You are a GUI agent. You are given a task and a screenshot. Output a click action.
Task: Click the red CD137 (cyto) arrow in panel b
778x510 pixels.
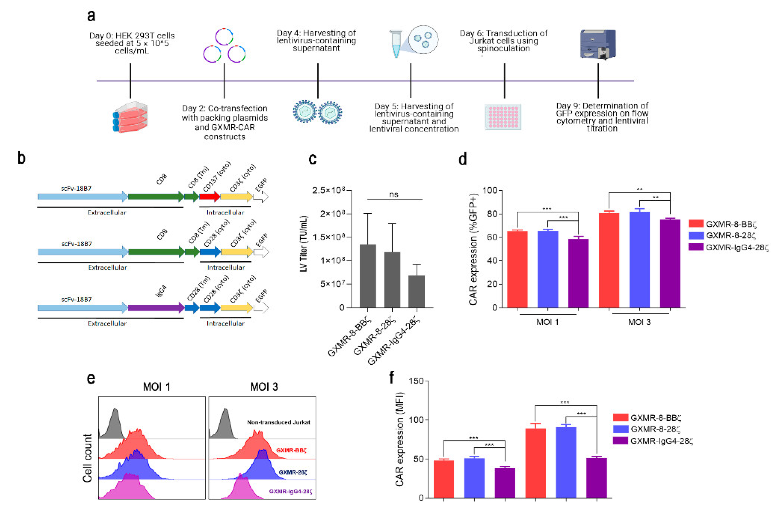click(209, 197)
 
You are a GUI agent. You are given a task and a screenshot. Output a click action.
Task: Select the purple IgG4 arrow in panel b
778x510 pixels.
click(156, 308)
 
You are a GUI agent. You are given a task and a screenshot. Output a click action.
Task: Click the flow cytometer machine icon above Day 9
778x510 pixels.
click(598, 44)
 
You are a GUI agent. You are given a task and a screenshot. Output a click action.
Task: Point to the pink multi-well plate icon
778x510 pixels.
click(503, 117)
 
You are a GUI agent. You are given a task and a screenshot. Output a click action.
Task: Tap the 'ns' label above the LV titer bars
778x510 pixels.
click(393, 195)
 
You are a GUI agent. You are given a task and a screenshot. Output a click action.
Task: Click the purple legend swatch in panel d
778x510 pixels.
click(696, 247)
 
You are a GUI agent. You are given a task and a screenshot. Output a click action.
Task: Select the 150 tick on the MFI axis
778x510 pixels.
click(416, 381)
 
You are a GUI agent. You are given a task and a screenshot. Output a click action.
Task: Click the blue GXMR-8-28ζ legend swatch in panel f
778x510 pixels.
click(620, 429)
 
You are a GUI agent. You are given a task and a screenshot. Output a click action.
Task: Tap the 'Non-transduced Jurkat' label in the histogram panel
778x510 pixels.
click(278, 422)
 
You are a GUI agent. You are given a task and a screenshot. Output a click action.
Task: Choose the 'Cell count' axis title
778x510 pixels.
click(87, 458)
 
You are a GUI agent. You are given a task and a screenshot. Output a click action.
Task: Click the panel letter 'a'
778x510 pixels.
click(91, 16)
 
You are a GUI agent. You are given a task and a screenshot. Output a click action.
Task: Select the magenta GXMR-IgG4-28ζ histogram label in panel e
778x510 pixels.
click(290, 491)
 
